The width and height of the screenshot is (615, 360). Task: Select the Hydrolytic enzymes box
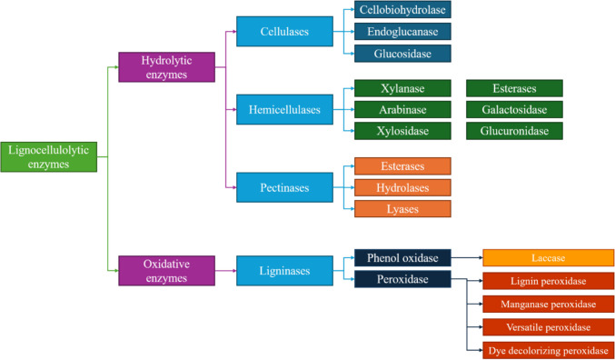166,67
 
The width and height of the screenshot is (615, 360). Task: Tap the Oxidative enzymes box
166,270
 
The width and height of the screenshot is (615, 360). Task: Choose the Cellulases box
284,32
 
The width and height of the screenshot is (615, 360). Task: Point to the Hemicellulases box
284,109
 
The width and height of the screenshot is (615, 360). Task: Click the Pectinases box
284,187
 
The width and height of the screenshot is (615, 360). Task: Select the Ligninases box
284,270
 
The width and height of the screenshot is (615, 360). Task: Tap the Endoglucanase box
402,32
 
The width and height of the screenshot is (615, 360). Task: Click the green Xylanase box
402,88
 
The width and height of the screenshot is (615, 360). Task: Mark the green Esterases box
514,88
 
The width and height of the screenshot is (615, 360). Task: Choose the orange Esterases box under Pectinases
402,166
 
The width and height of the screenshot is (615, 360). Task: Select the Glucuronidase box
514,131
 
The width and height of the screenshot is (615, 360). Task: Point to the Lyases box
402,208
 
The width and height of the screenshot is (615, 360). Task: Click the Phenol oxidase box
402,258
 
